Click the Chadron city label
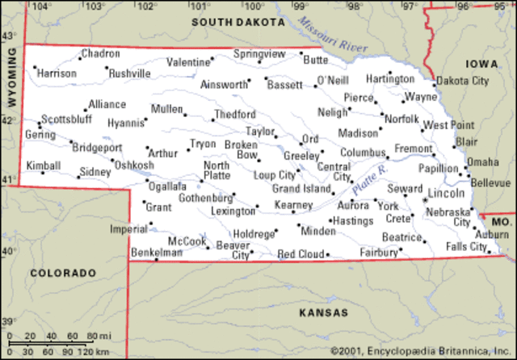[x=101, y=53]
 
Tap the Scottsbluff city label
[x=67, y=118]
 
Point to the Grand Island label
[x=301, y=189]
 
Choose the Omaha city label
[x=482, y=161]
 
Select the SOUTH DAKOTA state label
[x=238, y=23]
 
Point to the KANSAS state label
[x=323, y=312]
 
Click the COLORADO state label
[x=62, y=273]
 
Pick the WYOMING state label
[x=11, y=77]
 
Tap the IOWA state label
[x=481, y=63]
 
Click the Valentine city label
[x=188, y=62]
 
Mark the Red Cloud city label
[x=301, y=254]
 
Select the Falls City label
[x=466, y=246]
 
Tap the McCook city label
[x=186, y=241]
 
